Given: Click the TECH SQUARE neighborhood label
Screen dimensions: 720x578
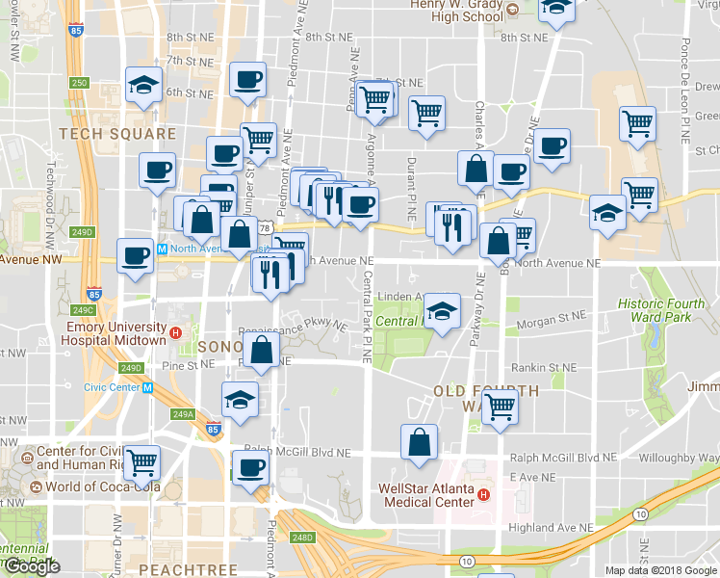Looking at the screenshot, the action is click(x=117, y=134).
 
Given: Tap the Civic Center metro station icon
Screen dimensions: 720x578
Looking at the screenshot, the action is click(x=147, y=388).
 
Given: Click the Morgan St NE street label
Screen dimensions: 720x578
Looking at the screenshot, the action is click(x=551, y=314).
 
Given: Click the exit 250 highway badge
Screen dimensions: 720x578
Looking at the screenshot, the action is click(x=79, y=84).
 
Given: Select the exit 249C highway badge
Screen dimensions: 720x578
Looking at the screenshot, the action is click(x=84, y=309).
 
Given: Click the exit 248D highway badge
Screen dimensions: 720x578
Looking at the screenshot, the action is click(x=303, y=538).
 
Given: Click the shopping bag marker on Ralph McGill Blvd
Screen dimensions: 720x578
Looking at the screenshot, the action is click(x=419, y=443).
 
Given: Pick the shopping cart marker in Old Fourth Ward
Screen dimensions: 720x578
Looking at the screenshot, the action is click(x=500, y=407).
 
